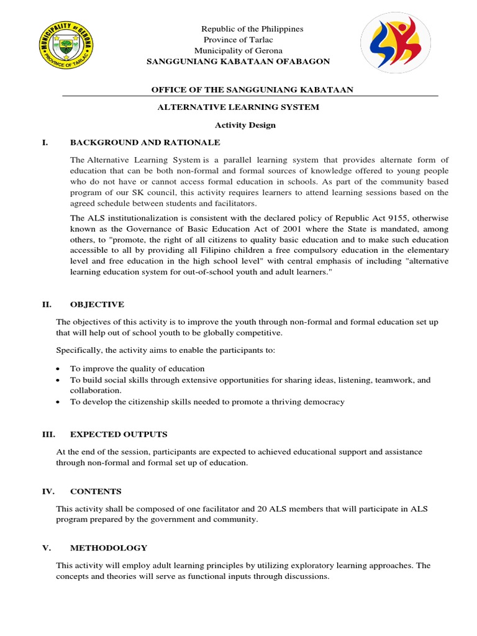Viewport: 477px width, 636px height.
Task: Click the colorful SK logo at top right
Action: tap(396, 43)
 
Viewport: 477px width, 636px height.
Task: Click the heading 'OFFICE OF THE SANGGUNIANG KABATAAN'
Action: tap(253, 90)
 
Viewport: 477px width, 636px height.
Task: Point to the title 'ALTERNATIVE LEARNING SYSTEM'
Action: tap(238, 107)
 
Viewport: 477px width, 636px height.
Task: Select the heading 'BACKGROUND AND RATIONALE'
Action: tap(145, 142)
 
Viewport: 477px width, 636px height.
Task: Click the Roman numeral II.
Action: tap(46, 304)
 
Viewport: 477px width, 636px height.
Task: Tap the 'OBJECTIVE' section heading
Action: tap(97, 304)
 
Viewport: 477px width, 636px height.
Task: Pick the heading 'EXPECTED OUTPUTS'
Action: tap(119, 434)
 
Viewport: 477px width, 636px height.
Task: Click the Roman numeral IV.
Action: tap(47, 491)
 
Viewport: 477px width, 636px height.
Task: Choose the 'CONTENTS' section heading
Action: tap(96, 491)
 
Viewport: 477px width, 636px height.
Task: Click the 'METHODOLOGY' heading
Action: tap(109, 548)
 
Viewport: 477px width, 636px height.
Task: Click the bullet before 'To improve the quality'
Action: tap(58, 369)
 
